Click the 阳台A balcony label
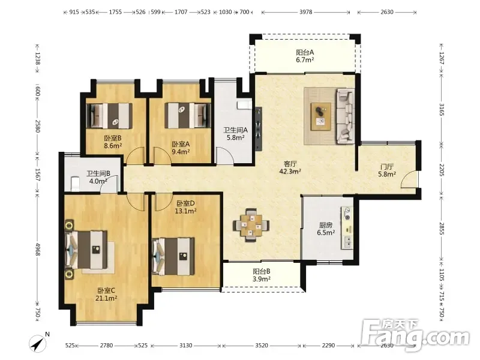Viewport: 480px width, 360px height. (x=305, y=52)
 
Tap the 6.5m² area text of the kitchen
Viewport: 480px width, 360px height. (x=326, y=233)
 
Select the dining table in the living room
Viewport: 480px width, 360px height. (x=251, y=226)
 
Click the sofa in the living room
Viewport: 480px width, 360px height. (x=346, y=116)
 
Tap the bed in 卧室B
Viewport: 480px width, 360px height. (x=109, y=116)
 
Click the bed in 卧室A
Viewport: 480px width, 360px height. (x=188, y=115)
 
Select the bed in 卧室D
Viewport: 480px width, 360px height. (x=173, y=257)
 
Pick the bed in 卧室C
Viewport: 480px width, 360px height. (x=86, y=250)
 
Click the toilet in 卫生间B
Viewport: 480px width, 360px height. (x=74, y=184)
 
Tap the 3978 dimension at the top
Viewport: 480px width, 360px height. (x=305, y=12)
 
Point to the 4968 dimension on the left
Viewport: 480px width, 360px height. (x=37, y=250)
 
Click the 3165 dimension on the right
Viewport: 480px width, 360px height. (x=441, y=109)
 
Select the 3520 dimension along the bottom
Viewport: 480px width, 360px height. (x=262, y=346)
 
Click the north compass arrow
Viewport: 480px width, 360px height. (x=38, y=343)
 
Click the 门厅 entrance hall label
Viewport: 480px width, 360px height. (x=386, y=167)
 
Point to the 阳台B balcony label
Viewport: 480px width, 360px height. (x=262, y=271)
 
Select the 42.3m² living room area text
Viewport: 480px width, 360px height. (x=290, y=172)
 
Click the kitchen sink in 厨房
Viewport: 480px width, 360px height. (x=347, y=242)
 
